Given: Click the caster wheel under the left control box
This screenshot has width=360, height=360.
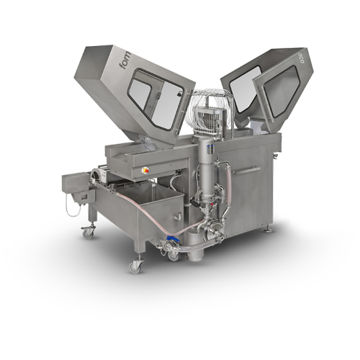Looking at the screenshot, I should coord(89,232).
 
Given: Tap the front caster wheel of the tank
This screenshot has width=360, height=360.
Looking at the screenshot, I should coord(135,266).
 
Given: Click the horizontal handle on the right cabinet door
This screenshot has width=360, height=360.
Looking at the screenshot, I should coord(250,170).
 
